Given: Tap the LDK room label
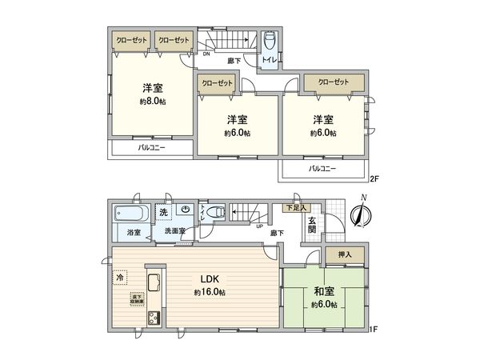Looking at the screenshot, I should click(210, 279).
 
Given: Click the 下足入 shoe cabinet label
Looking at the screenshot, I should click(295, 208).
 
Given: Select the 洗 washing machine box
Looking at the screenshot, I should click(163, 213).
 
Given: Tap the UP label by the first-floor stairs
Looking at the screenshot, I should click(258, 225).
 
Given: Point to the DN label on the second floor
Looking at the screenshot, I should click(206, 54).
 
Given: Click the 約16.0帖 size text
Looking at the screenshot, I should click(210, 293).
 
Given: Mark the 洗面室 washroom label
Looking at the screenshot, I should click(175, 232).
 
